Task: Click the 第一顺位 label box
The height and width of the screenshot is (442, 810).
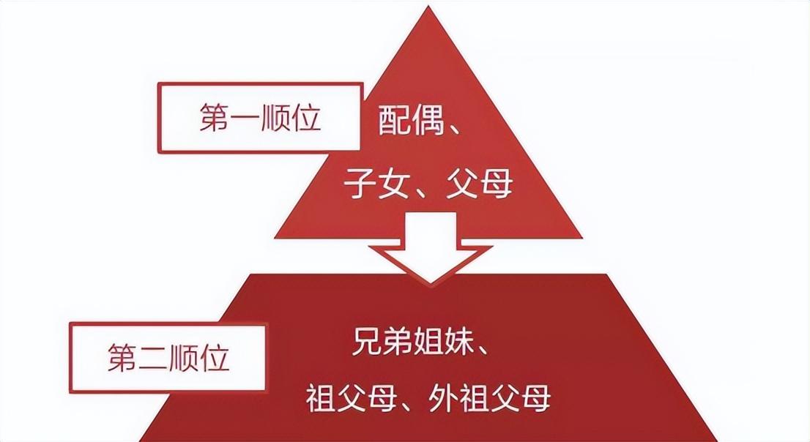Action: [261, 118]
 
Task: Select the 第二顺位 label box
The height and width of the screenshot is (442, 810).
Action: [168, 359]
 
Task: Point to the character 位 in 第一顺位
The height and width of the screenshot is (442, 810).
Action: [308, 119]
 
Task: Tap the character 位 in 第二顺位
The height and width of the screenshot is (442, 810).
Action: [217, 359]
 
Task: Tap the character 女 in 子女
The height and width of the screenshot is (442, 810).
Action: [392, 183]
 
